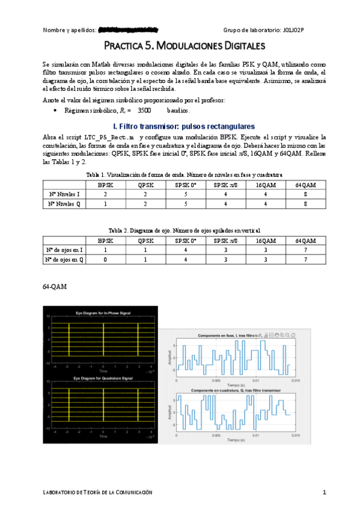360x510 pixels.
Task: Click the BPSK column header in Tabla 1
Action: tap(106, 185)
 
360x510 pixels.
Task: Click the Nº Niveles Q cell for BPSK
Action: tap(106, 204)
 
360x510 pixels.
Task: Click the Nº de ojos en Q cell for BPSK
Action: tap(106, 260)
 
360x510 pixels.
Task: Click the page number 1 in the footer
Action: tap(324, 493)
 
